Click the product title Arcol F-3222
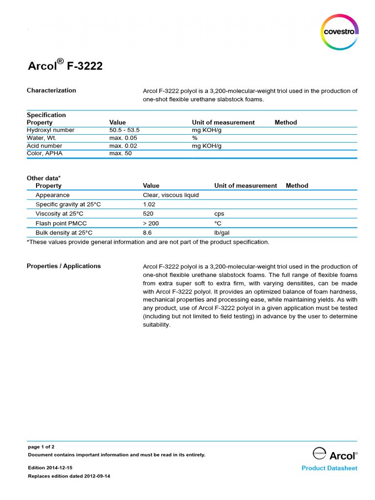click(x=64, y=65)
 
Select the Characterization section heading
click(x=51, y=90)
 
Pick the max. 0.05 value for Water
click(x=123, y=138)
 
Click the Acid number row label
click(x=44, y=146)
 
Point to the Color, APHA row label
click(x=44, y=153)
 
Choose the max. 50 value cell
click(x=121, y=153)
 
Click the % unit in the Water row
click(x=195, y=138)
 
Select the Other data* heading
click(x=43, y=178)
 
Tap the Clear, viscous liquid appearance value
click(x=171, y=195)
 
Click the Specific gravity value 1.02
click(x=149, y=204)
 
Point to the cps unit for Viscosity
click(x=219, y=214)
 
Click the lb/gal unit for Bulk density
click(x=222, y=233)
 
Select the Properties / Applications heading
click(x=63, y=266)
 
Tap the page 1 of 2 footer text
click(x=41, y=447)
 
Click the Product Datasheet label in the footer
click(x=329, y=468)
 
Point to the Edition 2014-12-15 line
click(x=50, y=468)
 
